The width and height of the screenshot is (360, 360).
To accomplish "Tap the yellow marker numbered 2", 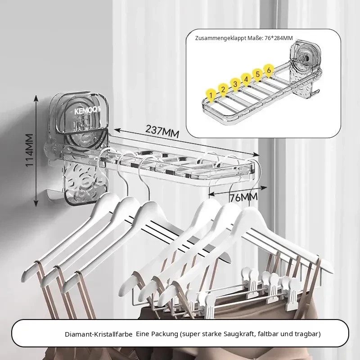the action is tap(223, 89).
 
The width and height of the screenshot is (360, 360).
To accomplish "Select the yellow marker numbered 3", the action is tap(234, 84).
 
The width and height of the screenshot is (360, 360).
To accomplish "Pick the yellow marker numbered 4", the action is tap(246, 80).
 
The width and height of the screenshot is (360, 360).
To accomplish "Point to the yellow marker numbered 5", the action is tap(257, 75).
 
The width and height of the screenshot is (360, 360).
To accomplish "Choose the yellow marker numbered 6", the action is tap(269, 70).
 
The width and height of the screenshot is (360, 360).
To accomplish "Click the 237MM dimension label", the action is tap(162, 131).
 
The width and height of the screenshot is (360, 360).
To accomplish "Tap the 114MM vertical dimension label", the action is tap(29, 150).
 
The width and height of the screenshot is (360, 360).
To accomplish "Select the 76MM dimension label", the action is tap(243, 197).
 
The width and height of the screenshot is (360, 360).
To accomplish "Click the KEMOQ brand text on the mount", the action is tap(87, 111).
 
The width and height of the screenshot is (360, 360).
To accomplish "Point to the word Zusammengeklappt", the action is tap(220, 38).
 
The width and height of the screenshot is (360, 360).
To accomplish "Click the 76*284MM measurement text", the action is tap(279, 38).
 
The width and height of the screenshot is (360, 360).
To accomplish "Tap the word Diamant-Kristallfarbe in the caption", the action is tap(99, 334).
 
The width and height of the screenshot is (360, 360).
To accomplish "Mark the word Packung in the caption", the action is tap(165, 334).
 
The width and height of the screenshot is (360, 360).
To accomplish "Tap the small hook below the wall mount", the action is tap(52, 195).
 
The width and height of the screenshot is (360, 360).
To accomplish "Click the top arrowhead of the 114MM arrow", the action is tap(36, 98).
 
